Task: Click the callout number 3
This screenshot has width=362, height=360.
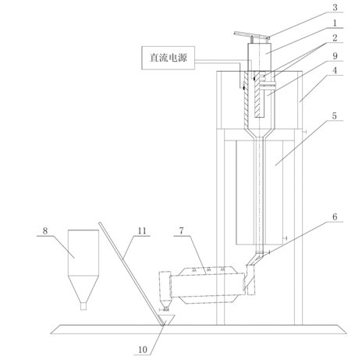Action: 335,7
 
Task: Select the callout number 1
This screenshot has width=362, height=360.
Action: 335,23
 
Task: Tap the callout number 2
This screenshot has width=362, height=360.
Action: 335,38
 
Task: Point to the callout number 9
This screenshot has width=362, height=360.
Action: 335,55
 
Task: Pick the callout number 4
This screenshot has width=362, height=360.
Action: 335,70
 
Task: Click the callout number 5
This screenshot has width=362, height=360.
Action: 335,116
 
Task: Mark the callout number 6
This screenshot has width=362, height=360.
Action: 335,216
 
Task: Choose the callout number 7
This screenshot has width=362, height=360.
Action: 181,230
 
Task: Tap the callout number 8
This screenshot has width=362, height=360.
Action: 45,230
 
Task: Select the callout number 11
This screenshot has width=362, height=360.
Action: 142,230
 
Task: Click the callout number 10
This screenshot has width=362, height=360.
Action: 143,350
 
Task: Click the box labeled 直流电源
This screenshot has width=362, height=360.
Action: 169,58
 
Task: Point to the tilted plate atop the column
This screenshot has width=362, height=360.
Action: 252,36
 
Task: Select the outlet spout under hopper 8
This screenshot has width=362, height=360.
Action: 83,306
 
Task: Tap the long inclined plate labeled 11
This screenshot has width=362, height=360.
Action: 132,274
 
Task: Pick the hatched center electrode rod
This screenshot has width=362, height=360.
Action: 259,95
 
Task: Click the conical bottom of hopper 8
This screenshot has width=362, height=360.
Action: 83,289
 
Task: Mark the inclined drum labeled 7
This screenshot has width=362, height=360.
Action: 207,285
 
